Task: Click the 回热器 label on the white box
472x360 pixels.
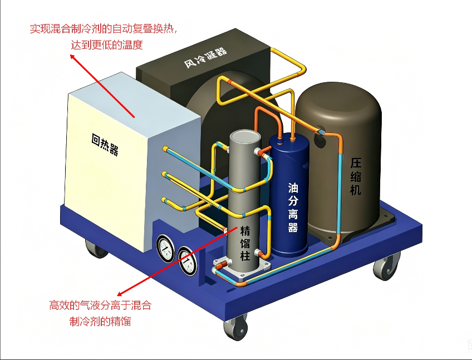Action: (105, 145)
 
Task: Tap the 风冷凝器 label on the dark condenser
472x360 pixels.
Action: (205, 57)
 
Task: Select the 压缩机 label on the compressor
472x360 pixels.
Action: (356, 177)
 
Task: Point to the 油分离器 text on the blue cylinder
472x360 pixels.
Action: (293, 208)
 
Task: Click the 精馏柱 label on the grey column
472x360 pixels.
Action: (245, 243)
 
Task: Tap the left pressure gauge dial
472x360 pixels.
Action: (165, 248)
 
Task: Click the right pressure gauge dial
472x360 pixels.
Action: (187, 262)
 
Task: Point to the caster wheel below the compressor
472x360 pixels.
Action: (386, 267)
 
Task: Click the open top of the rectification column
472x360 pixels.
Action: (245, 137)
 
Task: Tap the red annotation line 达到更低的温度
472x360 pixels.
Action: (106, 45)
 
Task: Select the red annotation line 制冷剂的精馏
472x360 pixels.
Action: (100, 321)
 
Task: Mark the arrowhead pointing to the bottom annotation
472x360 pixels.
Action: (120, 294)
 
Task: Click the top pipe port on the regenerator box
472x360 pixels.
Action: (165, 149)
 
